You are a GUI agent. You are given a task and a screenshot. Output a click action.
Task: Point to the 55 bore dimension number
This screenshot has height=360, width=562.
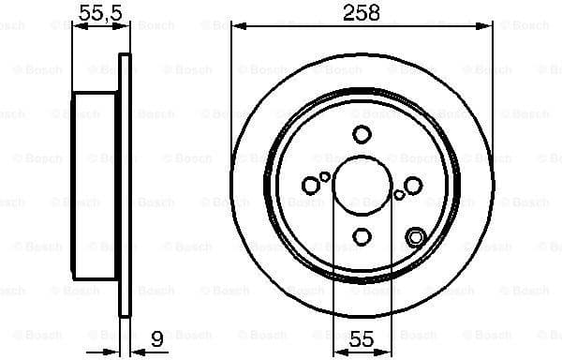(362, 340)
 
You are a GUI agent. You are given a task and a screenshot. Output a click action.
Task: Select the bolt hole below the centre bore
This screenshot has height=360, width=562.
(362, 238)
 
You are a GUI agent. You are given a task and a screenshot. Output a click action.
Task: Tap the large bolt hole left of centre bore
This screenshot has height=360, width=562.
(310, 186)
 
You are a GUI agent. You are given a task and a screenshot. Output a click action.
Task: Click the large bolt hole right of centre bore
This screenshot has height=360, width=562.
(413, 186)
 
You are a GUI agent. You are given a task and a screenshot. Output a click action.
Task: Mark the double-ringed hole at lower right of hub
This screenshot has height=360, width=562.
(415, 237)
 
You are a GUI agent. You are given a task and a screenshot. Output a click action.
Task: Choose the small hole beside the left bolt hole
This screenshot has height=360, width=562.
(325, 176)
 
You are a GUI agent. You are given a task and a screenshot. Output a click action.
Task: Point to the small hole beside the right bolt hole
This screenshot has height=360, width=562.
(399, 195)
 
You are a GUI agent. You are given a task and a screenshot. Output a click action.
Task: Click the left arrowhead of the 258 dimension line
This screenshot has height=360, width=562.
(235, 27)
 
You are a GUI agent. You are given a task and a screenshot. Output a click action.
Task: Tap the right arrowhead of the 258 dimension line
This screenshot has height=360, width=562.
(488, 27)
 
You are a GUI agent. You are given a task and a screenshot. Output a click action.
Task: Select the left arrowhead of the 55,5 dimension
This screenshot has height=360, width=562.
(77, 27)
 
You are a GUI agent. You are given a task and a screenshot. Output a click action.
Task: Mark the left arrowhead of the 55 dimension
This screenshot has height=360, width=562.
(337, 352)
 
